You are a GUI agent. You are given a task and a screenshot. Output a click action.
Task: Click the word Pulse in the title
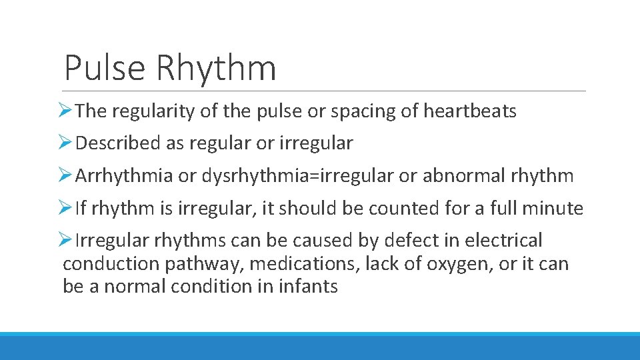click(x=105, y=68)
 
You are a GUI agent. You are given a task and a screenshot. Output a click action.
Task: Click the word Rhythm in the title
click(x=216, y=68)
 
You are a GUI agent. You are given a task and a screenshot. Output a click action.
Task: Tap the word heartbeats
click(x=470, y=111)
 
